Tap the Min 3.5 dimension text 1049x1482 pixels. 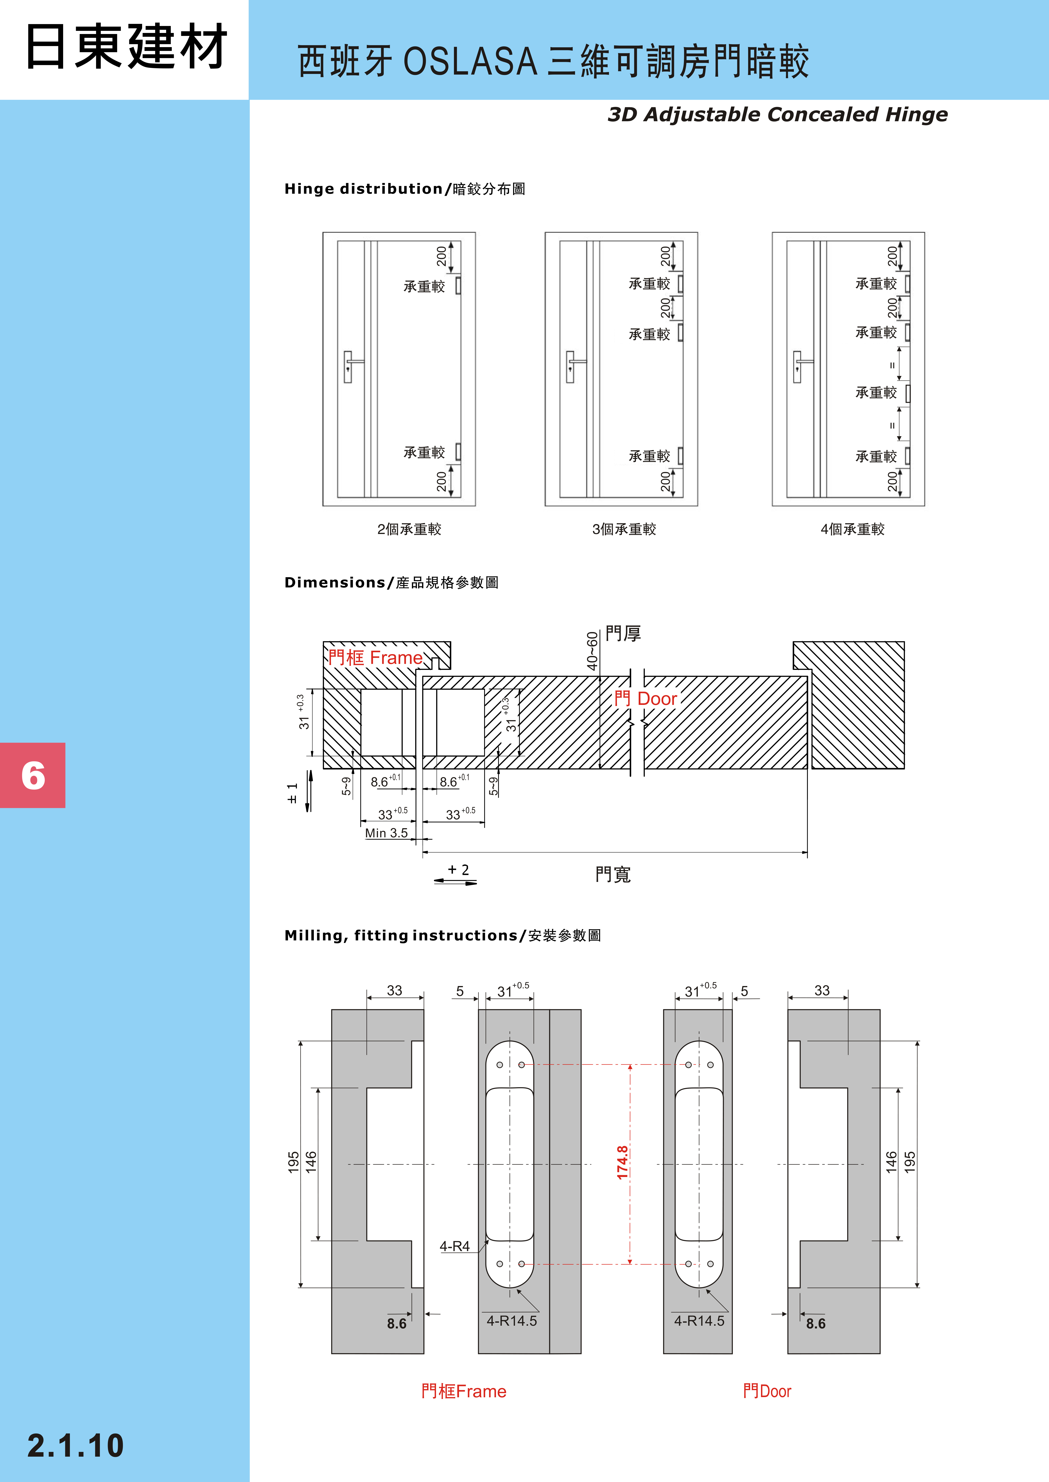pyautogui.click(x=386, y=833)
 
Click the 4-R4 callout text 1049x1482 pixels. pyautogui.click(x=455, y=1246)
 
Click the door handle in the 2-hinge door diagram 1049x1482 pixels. pyautogui.click(x=349, y=366)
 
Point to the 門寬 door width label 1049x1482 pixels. pyautogui.click(x=612, y=875)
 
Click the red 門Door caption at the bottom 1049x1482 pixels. pyautogui.click(x=767, y=1391)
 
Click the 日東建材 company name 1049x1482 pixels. pyautogui.click(x=126, y=46)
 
